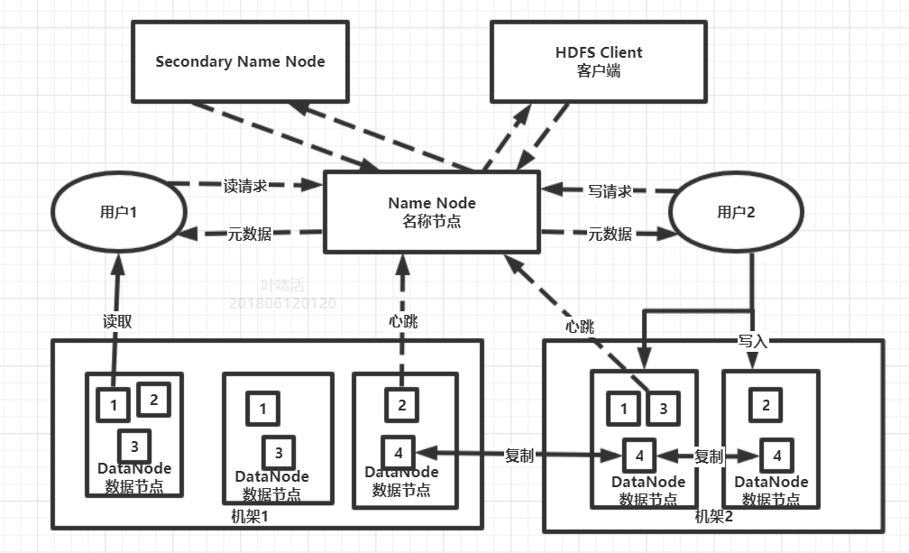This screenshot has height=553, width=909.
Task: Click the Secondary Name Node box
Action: point(240,61)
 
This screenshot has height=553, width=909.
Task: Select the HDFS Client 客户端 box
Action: point(598,61)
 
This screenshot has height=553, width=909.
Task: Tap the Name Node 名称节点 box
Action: point(431,212)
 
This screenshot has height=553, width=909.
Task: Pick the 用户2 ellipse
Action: point(738,212)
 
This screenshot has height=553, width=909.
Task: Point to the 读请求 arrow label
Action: point(245,187)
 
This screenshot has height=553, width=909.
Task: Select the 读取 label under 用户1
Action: point(116,321)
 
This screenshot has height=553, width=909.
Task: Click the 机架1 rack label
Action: point(251,516)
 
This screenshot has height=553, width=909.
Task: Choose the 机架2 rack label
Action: point(714,516)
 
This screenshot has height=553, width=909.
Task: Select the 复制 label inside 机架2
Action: point(709,456)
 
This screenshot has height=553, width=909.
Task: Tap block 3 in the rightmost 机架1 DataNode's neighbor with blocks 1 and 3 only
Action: point(279,452)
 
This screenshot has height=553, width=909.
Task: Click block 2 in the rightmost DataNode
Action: point(766,405)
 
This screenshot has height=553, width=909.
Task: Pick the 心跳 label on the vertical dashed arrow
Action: point(404,321)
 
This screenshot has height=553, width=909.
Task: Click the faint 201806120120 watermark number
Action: point(283,303)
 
